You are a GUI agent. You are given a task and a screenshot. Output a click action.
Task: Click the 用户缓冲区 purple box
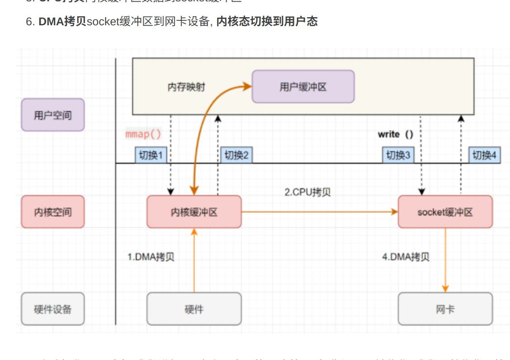click(x=303, y=87)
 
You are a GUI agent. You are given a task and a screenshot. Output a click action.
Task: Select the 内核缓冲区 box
click(x=194, y=212)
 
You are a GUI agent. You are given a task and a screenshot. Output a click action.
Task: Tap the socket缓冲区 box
click(x=445, y=212)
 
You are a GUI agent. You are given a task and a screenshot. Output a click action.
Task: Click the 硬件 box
click(x=194, y=309)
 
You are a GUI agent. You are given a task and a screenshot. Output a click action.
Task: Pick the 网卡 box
click(x=445, y=309)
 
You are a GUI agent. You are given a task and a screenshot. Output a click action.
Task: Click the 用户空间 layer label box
click(x=53, y=115)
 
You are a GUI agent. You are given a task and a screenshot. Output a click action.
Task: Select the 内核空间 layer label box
click(x=53, y=212)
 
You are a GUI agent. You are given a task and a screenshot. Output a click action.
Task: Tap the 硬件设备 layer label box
click(x=53, y=309)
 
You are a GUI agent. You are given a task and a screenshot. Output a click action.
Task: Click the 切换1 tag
click(x=151, y=155)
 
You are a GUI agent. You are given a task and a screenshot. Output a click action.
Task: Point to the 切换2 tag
click(x=236, y=155)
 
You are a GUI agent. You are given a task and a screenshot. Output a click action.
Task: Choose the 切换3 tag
click(x=398, y=155)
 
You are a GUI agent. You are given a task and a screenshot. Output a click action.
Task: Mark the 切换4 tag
click(x=484, y=155)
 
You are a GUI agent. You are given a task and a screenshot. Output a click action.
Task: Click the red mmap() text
click(x=143, y=134)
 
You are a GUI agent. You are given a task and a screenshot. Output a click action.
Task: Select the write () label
click(x=395, y=134)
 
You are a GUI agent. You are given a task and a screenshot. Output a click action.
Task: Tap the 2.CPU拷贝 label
click(x=307, y=192)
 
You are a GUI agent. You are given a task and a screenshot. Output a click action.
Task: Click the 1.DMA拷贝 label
click(x=151, y=257)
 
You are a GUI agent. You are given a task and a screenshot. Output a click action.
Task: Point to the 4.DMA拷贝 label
click(x=406, y=257)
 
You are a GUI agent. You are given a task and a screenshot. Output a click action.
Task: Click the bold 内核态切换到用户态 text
click(x=267, y=21)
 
